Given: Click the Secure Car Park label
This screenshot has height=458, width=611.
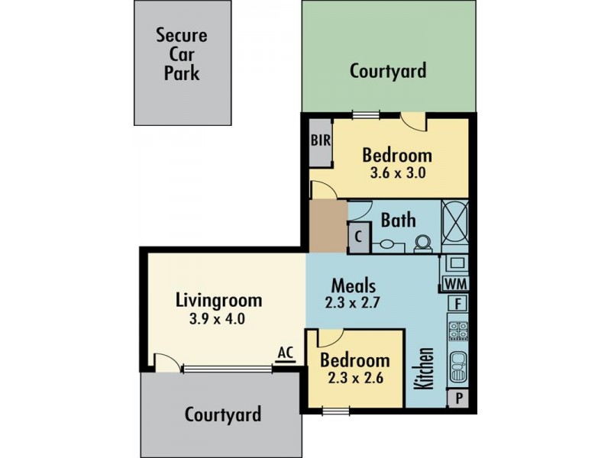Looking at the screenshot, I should coord(182,54).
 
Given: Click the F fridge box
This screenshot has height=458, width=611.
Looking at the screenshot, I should coord(457,304).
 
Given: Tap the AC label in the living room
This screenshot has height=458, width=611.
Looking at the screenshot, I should coord(286,352).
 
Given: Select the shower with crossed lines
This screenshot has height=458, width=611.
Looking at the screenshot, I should coord(455,222).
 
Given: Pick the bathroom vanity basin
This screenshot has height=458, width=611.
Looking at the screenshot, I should coord(388,245).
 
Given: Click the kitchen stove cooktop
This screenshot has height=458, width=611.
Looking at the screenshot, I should coord(457,331).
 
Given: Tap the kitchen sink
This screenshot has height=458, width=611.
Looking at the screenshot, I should coord(457,366).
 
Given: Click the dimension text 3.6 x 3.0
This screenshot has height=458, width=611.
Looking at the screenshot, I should coord(396,173).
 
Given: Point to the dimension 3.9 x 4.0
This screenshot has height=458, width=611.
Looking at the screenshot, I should coord(218,318).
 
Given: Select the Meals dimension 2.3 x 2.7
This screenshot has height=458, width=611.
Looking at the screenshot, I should coord(353,302).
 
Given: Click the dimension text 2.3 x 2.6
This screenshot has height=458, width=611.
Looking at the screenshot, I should coord(354,379).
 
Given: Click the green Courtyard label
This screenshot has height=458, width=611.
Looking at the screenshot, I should coord(387,71).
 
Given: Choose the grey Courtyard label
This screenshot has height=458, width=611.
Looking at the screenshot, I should coord(223,414).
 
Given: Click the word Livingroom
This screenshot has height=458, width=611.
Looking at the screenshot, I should coord(218,300).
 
